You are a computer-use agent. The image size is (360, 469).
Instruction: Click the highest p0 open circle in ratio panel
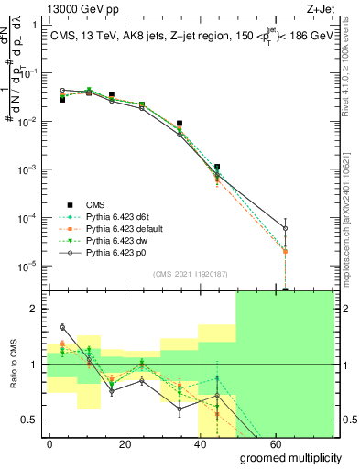pos(62,327)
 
